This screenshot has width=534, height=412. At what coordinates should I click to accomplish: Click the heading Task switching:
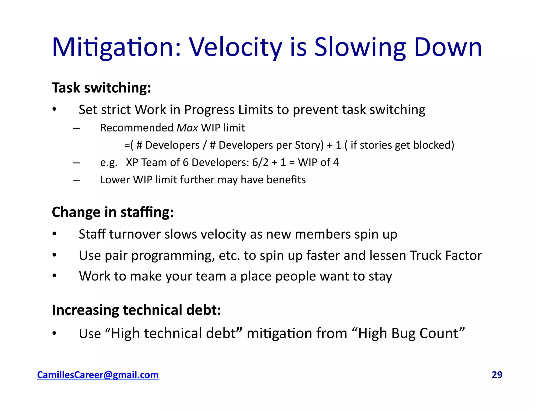coord(101,88)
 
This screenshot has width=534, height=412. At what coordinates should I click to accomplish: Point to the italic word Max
coord(187,128)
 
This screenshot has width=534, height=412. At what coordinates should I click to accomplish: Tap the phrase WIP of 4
coord(318,163)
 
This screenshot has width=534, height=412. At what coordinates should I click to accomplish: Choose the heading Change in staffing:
coord(113,212)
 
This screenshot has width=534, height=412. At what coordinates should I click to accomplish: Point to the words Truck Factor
coord(446,255)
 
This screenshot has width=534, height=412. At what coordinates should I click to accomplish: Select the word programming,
coord(173,256)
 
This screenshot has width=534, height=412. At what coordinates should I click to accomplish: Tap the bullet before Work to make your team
coord(54,276)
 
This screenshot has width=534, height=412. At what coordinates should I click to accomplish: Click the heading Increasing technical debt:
coord(136,310)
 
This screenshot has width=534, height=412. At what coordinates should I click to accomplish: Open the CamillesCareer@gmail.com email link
coord(98,375)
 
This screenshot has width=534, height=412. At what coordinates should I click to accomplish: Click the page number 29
coord(497,375)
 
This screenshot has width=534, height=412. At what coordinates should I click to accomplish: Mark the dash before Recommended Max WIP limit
coord(76,128)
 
